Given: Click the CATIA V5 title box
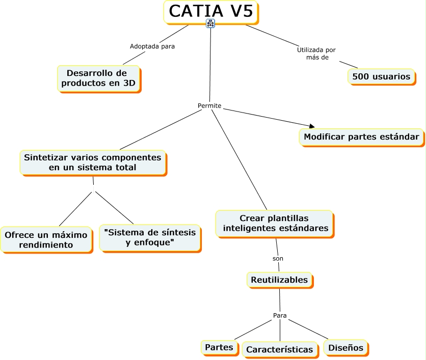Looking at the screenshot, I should click(x=210, y=11).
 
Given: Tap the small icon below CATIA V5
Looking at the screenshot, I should click(x=210, y=23).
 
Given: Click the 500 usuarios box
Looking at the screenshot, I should click(x=381, y=76).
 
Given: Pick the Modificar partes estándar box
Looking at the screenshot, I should click(x=361, y=136).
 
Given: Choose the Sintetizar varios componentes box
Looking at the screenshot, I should click(x=92, y=162).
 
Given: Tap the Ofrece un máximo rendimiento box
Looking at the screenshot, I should click(x=46, y=239).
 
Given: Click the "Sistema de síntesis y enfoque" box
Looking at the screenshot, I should click(x=149, y=237).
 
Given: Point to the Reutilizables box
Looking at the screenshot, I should click(x=279, y=280).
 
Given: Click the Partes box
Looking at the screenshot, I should click(x=219, y=347).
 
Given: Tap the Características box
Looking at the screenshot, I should click(x=279, y=349).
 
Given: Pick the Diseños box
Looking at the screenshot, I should click(x=345, y=347).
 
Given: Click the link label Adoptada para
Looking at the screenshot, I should click(x=152, y=46).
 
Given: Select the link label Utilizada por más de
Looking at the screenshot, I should click(x=316, y=53).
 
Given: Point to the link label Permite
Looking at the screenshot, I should click(x=209, y=106).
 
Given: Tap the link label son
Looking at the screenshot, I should click(x=278, y=258).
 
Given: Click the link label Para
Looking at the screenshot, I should click(x=280, y=315).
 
